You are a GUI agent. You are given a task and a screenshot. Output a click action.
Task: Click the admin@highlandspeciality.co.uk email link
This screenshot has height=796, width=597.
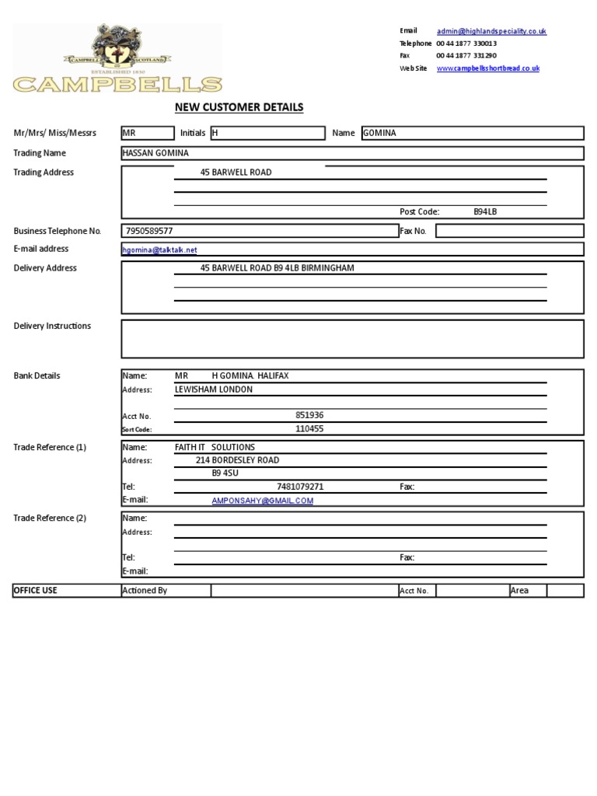[x=491, y=31]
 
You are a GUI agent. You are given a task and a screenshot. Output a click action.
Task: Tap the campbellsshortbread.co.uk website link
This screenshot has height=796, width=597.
[x=487, y=68]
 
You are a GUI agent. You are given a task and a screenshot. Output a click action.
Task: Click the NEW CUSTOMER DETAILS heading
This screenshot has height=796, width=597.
[x=239, y=107]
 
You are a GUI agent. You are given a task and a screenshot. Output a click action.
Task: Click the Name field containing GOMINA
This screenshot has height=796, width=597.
[x=472, y=133]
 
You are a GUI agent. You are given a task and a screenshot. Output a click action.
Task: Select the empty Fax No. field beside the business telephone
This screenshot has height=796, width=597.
[x=509, y=231]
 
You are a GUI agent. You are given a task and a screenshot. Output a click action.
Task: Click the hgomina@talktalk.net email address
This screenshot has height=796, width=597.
[x=160, y=250]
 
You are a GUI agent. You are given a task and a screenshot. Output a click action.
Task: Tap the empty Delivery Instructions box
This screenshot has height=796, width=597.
[x=352, y=339]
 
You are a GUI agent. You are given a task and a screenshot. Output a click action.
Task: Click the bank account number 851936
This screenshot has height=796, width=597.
[x=309, y=415]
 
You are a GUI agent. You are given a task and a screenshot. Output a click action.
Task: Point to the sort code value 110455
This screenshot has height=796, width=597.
[x=309, y=428]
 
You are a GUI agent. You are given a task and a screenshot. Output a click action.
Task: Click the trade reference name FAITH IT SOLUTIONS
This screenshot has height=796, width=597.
[x=215, y=447]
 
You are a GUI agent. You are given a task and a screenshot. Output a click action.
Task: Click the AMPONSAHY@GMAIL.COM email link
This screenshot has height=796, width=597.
[x=262, y=501]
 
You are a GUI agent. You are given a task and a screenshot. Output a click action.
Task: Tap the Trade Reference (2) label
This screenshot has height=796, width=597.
[x=50, y=518]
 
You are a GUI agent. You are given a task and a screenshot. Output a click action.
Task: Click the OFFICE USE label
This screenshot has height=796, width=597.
[x=36, y=591]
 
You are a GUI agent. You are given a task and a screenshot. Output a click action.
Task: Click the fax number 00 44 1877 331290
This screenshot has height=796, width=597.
[x=466, y=56]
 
